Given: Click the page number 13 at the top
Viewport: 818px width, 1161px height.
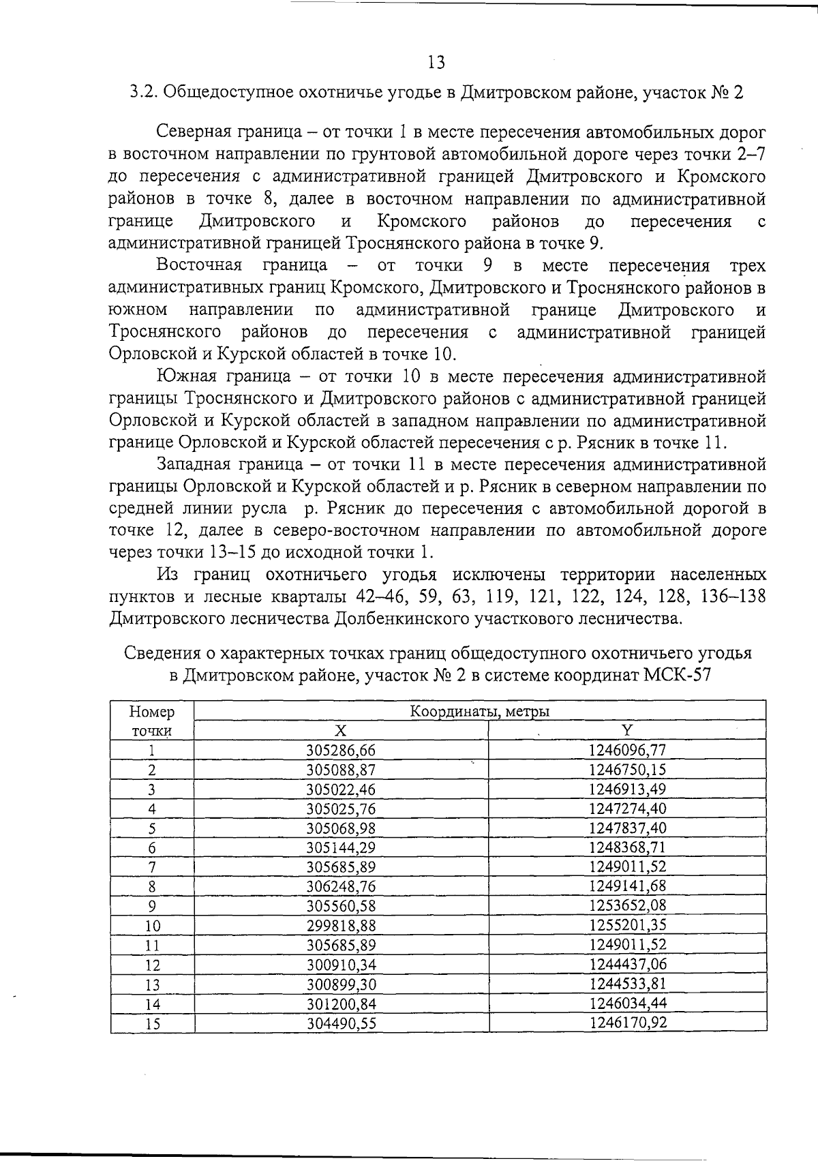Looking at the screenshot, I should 436,63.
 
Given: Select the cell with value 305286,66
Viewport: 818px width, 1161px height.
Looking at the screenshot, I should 340,751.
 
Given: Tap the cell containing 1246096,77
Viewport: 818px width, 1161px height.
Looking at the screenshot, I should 627,750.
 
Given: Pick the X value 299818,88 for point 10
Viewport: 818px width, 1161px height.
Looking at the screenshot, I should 340,926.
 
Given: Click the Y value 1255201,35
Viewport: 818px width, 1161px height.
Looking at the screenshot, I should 627,925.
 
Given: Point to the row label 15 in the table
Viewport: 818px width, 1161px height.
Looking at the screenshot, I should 152,1023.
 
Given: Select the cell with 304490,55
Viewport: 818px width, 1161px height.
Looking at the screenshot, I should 340,1023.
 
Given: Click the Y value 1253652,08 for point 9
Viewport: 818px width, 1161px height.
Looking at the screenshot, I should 627,905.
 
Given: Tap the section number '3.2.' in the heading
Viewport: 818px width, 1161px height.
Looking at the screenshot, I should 142,93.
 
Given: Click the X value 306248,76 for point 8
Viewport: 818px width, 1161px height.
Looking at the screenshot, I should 340,886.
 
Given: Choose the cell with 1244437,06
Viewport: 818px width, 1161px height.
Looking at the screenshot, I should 627,964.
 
